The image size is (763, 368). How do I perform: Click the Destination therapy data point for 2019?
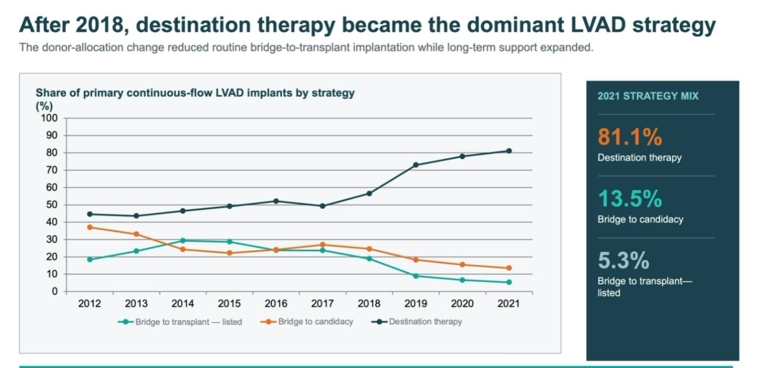415,165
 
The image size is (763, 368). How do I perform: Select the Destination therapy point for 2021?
509,151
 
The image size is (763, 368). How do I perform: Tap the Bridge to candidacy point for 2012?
90,227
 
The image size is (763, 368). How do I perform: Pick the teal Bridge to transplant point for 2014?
183,241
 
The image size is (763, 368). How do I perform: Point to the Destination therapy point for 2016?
276,201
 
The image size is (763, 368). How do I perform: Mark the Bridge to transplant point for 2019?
415,276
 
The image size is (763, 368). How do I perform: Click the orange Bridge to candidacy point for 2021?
509,268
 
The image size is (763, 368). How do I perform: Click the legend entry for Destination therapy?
416,321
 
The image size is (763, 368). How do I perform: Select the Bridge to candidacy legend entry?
306,321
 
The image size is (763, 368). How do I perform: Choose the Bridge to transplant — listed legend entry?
180,322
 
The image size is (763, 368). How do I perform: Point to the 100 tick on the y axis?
49,118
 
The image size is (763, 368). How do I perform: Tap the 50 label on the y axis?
52,205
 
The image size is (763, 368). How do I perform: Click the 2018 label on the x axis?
369,303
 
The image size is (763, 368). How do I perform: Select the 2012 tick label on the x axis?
90,303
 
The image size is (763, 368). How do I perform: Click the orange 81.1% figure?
630,137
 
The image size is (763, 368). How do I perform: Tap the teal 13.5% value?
630,199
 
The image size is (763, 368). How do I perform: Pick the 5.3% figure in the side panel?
623,260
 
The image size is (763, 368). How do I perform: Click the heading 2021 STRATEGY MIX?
648,96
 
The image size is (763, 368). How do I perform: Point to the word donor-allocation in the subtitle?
83,47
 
